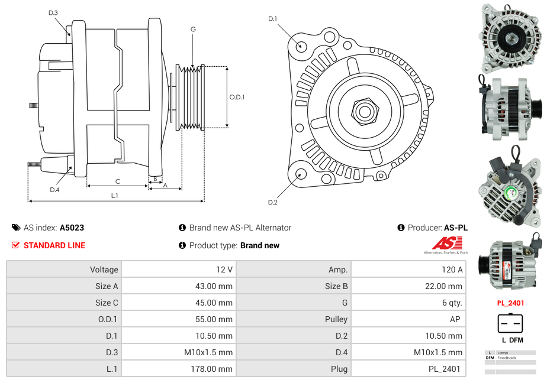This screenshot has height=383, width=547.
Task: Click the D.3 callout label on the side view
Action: tap(53, 12)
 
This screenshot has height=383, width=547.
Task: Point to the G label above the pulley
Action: tap(193, 29)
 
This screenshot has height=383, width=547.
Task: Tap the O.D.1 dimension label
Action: tap(237, 98)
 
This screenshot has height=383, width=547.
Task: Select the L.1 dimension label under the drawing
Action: tap(115, 196)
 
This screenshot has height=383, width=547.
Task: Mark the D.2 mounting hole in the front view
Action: tap(301, 174)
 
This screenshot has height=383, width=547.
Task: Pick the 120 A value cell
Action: tap(452, 270)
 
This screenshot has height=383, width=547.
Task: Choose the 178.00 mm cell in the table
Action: tap(217, 369)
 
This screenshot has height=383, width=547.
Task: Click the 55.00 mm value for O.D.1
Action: tap(217, 319)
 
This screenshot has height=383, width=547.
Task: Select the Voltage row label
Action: tap(104, 270)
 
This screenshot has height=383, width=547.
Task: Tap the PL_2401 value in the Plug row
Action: tap(445, 369)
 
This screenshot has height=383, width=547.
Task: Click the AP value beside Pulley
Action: tap(456, 319)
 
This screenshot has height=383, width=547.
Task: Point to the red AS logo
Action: tap(446, 244)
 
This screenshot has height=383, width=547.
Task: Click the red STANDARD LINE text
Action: tap(54, 245)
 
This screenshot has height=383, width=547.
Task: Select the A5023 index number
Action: tap(72, 228)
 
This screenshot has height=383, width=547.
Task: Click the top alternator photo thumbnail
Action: tap(510, 37)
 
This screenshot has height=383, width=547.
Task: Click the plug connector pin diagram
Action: tap(510, 324)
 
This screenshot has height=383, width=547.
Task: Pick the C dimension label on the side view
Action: tap(118, 181)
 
